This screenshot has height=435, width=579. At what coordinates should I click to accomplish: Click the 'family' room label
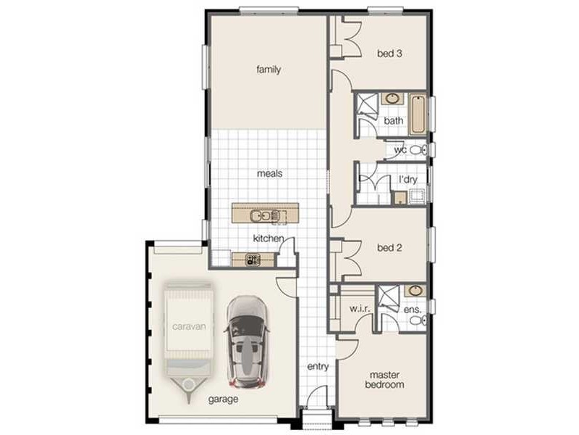click(269, 70)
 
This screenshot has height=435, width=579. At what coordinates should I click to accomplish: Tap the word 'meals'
click(269, 173)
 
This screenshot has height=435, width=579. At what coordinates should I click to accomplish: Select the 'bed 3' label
click(389, 54)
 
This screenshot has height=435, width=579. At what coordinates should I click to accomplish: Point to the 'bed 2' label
click(389, 248)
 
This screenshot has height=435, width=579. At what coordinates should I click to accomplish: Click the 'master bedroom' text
click(384, 380)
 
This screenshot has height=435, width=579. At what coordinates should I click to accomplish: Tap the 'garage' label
click(223, 399)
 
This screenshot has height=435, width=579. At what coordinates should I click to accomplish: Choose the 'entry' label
click(318, 367)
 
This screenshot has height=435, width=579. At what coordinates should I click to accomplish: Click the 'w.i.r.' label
click(360, 309)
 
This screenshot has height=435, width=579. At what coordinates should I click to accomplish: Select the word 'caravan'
click(189, 327)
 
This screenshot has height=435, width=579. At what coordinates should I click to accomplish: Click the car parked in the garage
click(247, 341)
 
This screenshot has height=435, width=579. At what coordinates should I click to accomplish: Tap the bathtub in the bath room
click(418, 115)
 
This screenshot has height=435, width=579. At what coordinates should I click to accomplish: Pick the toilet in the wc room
click(419, 150)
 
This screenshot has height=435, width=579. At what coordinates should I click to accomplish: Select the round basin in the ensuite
click(415, 291)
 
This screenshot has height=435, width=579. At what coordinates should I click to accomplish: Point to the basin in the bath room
click(392, 99)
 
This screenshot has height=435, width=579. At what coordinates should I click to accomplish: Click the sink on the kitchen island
click(265, 215)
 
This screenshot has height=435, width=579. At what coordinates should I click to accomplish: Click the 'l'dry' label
click(408, 180)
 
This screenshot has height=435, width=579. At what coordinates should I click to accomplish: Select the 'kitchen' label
click(269, 239)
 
